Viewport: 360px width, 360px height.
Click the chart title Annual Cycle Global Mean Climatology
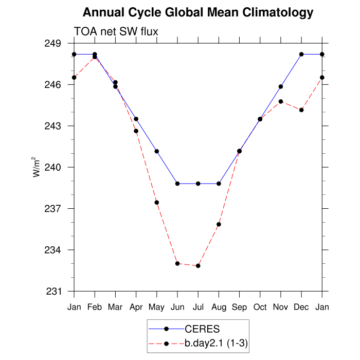pos(198,12)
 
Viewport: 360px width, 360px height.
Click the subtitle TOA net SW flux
pos(116,32)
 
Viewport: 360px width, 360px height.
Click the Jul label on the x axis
pos(198,307)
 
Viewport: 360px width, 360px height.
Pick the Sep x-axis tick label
pos(239,307)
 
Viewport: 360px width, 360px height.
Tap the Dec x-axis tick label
pos(301,307)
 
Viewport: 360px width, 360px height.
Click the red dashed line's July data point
pos(198,265)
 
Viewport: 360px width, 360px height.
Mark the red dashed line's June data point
pos(177,263)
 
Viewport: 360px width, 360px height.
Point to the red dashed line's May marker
pos(157,203)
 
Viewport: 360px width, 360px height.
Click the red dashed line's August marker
pos(219,224)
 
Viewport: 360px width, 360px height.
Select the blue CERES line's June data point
pos(177,184)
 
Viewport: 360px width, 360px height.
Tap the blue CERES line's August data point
pos(219,184)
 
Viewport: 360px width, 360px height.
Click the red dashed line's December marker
pos(301,110)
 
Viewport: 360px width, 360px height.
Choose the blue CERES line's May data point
pos(157,151)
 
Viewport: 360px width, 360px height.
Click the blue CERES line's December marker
pos(301,54)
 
